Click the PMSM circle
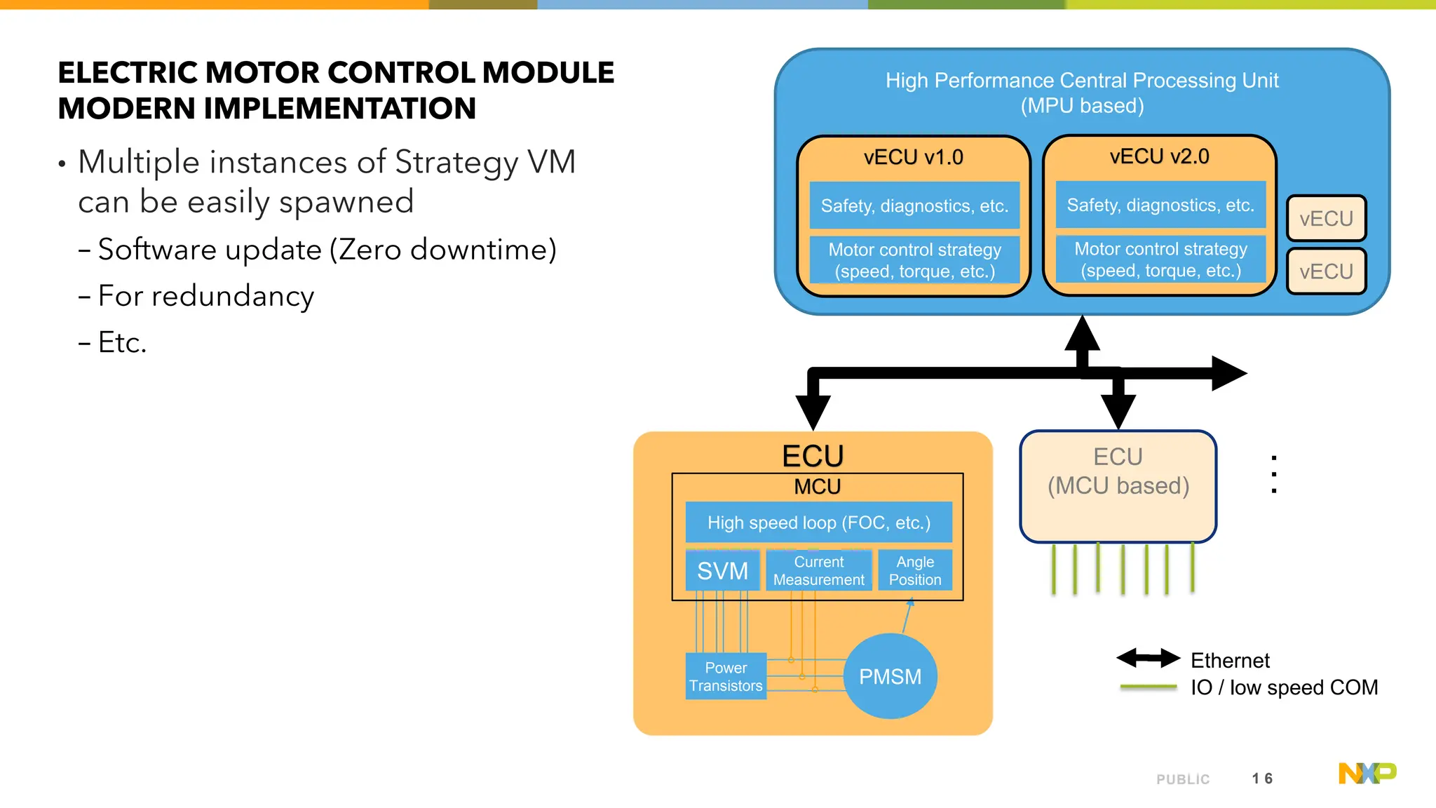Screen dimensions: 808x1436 pyautogui.click(x=890, y=676)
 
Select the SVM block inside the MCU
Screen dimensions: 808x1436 pyautogui.click(x=722, y=570)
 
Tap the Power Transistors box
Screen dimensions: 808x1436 pyautogui.click(x=726, y=676)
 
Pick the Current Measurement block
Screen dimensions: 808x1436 pyautogui.click(x=818, y=570)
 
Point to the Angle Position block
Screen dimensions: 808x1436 pyautogui.click(x=915, y=570)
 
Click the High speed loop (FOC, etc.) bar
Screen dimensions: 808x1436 pyautogui.click(x=818, y=523)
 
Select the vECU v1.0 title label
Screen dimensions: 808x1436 pyautogui.click(x=913, y=157)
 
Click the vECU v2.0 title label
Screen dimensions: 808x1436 pyautogui.click(x=1159, y=156)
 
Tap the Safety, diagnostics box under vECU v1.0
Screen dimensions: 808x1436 pyautogui.click(x=914, y=206)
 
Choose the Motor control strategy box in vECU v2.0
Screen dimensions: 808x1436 pyautogui.click(x=1160, y=260)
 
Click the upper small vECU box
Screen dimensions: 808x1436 pyautogui.click(x=1326, y=219)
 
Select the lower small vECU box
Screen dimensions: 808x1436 pyautogui.click(x=1326, y=271)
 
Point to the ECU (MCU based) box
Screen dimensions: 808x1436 pyautogui.click(x=1118, y=485)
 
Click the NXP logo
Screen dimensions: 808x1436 pyautogui.click(x=1367, y=773)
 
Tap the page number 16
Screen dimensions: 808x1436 pyautogui.click(x=1262, y=779)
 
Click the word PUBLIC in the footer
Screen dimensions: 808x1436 pyautogui.click(x=1183, y=779)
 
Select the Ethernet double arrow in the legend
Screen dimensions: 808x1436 pyautogui.click(x=1148, y=658)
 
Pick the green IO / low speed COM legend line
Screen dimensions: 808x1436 pyautogui.click(x=1148, y=687)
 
